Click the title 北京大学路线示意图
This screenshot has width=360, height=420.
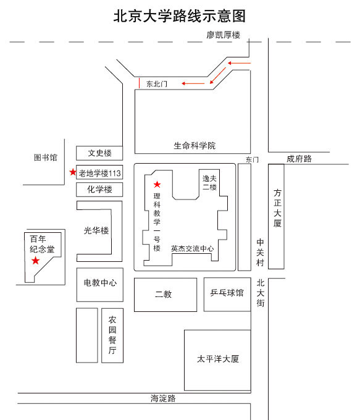coord(180,16)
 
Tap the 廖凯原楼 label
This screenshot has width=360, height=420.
coord(223,35)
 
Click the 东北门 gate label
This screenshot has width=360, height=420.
coord(157,84)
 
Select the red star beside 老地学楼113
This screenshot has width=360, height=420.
coord(73,172)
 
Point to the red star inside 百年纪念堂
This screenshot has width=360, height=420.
coord(35,261)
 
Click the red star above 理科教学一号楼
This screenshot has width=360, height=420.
coord(157,184)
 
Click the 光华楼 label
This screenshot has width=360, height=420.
coord(96,230)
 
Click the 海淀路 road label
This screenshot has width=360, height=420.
coord(163,398)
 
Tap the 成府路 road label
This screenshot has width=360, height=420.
coord(299,159)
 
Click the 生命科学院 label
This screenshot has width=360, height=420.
coord(195,146)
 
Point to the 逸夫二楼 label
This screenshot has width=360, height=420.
coord(209,183)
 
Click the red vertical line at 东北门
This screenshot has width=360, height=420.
coord(140,83)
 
